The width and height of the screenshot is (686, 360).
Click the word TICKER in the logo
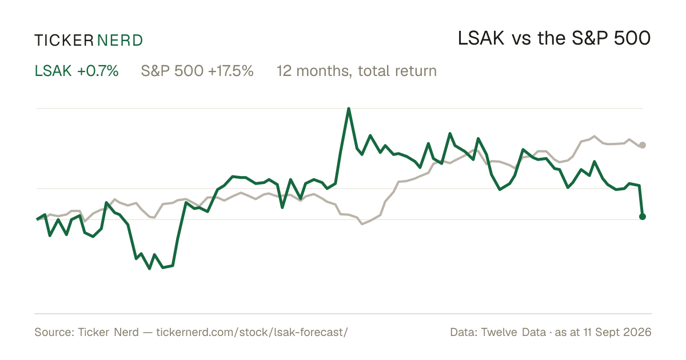click(63, 41)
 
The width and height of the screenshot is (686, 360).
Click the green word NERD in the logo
click(119, 41)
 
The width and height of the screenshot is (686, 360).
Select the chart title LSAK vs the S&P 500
click(554, 39)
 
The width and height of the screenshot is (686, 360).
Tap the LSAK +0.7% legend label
click(77, 71)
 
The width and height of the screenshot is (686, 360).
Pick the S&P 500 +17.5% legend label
click(197, 71)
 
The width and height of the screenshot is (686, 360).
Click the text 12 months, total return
click(357, 71)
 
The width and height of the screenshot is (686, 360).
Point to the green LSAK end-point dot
click(643, 217)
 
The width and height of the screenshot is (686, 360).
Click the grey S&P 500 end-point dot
click(643, 145)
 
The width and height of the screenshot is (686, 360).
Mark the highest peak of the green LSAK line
click(349, 109)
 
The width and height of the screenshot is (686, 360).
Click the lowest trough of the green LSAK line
click(149, 269)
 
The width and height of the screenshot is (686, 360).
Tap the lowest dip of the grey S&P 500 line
click(362, 224)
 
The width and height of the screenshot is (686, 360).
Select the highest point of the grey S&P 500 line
click(594, 136)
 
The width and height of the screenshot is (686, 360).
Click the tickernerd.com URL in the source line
click(252, 332)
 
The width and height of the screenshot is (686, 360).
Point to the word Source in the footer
click(53, 332)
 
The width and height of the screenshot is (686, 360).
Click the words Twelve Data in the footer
click(513, 332)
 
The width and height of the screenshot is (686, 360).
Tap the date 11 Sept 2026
click(617, 333)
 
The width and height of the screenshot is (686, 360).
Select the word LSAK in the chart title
click(481, 39)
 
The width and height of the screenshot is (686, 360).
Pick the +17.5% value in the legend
click(231, 71)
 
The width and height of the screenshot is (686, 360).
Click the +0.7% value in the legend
click(98, 71)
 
